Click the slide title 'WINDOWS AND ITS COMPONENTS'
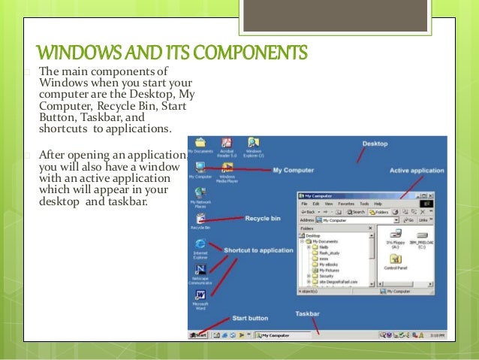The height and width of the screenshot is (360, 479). (172, 54)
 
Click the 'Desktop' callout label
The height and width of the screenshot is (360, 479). (375, 143)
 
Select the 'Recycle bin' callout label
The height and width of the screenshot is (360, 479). (262, 218)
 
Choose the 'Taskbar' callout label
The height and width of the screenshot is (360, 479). (308, 313)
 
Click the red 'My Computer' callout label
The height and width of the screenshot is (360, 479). (292, 170)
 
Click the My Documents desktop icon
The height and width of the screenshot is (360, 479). (200, 143)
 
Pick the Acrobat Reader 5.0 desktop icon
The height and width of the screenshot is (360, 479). (227, 143)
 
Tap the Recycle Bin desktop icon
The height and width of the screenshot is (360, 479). (200, 218)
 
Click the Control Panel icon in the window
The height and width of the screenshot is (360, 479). (396, 260)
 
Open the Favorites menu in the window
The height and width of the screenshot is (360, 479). (345, 204)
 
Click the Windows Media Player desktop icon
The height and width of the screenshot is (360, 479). (227, 168)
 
